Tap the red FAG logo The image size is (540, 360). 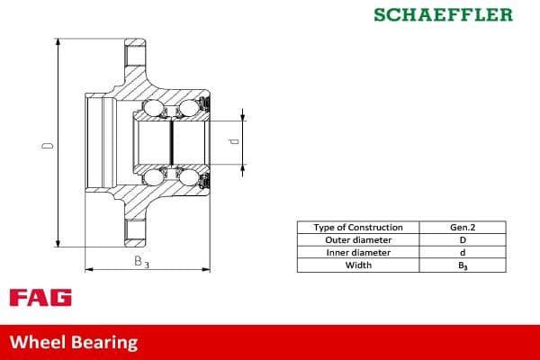tap(40, 298)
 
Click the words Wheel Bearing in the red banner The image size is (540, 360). tap(74, 342)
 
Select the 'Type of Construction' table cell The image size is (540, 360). tap(358, 228)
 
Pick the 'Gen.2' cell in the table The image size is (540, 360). tap(463, 228)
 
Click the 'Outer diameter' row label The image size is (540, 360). tap(358, 240)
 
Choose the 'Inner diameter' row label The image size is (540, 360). tap(358, 253)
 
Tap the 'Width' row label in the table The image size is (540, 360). tap(358, 265)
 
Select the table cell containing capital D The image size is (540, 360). tap(463, 240)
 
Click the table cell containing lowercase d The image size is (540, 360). tap(463, 253)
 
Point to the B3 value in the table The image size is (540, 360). tap(463, 265)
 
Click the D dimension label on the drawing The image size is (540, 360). tap(50, 143)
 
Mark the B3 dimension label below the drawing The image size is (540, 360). tap(141, 262)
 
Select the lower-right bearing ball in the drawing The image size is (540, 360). tap(189, 176)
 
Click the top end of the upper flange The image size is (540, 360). tap(134, 40)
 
